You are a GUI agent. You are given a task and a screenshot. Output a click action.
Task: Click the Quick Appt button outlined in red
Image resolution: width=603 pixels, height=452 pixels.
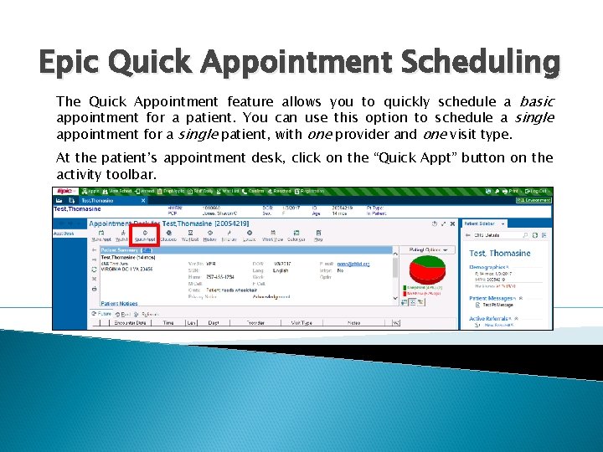click(144, 235)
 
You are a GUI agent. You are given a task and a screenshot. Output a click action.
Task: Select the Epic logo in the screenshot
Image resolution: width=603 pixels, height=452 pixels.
click(65, 191)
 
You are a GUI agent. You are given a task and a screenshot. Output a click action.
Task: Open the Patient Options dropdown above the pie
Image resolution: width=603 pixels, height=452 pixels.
click(428, 249)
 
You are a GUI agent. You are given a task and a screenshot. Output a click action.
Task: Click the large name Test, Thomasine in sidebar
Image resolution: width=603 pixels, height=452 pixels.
click(499, 253)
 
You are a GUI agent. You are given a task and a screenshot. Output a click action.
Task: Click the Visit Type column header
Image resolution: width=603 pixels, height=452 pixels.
click(301, 322)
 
